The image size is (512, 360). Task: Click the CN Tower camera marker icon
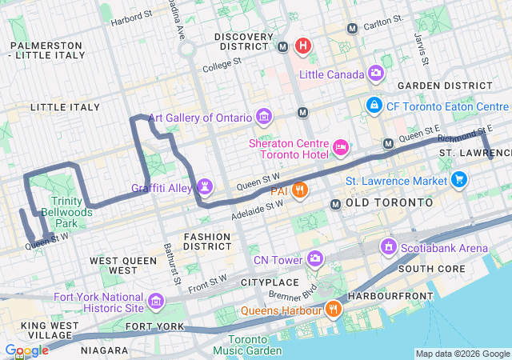click(315, 259)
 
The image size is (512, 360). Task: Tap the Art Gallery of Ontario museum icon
click(263, 118)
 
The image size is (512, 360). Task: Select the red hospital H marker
click(302, 45)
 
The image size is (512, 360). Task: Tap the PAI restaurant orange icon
click(300, 190)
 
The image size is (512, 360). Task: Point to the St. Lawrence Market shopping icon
click(458, 180)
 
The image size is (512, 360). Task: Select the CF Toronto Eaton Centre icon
click(373, 105)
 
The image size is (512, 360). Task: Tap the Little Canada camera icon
click(376, 74)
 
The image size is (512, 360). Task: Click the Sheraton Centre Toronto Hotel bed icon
click(342, 146)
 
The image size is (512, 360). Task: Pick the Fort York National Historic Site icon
click(155, 302)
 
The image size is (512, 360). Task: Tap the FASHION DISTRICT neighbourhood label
click(207, 242)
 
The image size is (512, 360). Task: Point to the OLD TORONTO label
click(390, 203)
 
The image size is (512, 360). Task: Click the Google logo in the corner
click(26, 350)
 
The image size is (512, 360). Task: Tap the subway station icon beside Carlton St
click(352, 29)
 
